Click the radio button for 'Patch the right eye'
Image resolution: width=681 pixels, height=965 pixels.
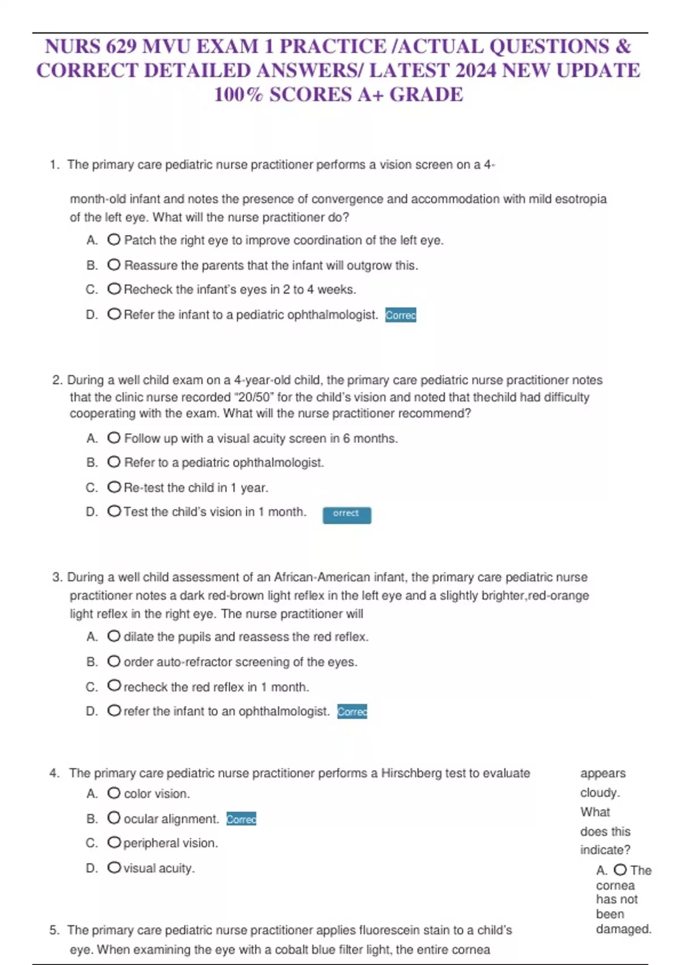113,240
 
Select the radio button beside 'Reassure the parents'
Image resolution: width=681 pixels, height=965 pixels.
113,265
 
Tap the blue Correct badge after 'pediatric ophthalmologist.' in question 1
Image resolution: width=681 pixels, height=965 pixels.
401,314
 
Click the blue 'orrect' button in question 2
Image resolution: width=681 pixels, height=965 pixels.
347,514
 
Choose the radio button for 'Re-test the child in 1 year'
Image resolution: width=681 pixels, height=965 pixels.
113,487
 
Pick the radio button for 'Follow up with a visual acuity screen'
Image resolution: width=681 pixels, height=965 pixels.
113,438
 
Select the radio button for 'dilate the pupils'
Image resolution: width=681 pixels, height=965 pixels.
113,636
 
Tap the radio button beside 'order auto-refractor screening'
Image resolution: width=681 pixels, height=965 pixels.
113,661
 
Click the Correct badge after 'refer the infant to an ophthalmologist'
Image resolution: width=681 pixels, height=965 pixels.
352,711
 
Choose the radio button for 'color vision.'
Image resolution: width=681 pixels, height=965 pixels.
113,793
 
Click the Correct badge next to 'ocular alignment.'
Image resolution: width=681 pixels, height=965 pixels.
241,819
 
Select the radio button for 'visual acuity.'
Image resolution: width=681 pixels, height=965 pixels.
113,867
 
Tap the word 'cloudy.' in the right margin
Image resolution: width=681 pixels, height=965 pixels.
600,792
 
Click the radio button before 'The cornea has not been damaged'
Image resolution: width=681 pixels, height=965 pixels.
620,870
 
